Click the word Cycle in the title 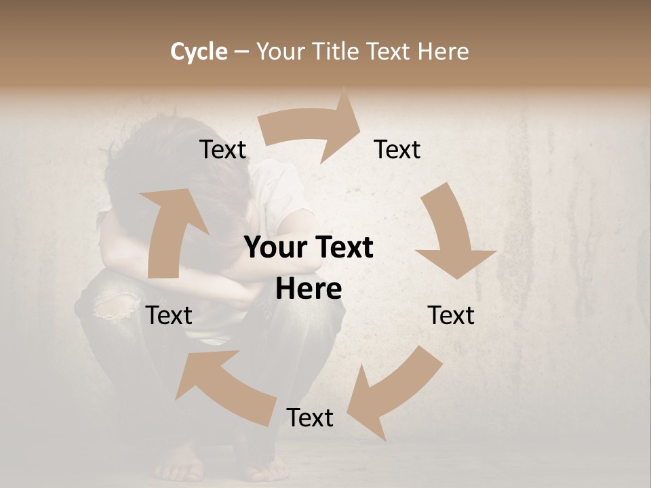click(x=199, y=52)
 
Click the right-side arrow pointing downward click(x=452, y=237)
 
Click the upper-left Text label click(x=223, y=150)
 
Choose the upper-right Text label click(x=397, y=150)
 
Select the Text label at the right click(x=451, y=315)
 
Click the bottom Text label click(x=310, y=418)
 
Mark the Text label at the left click(x=169, y=315)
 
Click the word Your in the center click(x=275, y=248)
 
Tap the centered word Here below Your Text click(x=309, y=289)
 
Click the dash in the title click(x=242, y=52)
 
